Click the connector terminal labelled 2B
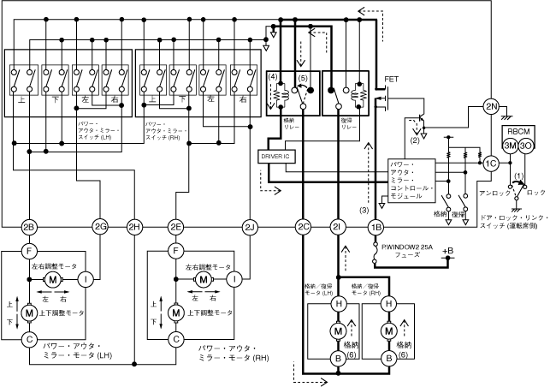(28, 227)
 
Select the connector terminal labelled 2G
(100, 227)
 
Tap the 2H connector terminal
(134, 227)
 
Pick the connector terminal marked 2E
(175, 227)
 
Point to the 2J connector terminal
(250, 227)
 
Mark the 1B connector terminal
(375, 227)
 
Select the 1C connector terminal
(490, 164)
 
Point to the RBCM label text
(517, 132)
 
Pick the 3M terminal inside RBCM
(510, 146)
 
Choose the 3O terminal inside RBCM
(526, 146)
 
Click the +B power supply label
(439, 251)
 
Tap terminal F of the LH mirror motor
(28, 252)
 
